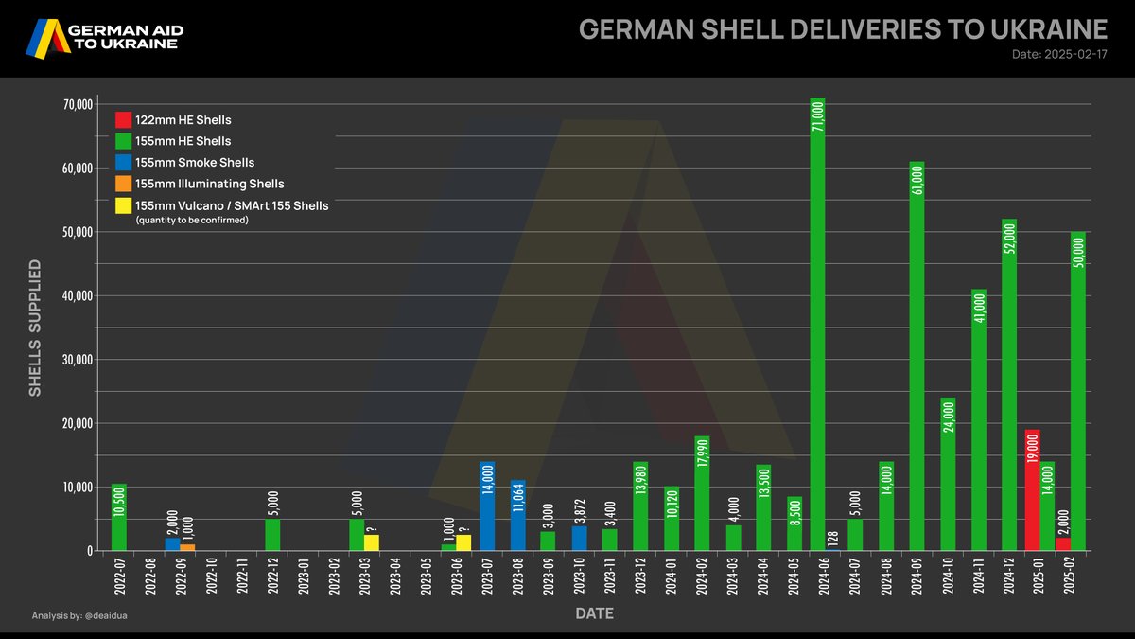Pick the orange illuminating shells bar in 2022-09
point(187,547)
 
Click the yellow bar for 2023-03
point(372,542)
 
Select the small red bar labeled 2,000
point(1063,544)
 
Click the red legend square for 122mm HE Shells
point(123,120)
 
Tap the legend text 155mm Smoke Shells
point(195,162)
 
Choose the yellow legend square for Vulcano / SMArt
point(123,205)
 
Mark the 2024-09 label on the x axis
point(917,578)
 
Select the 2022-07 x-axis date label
point(118,578)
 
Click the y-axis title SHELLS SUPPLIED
point(35,327)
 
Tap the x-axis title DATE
point(594,613)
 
